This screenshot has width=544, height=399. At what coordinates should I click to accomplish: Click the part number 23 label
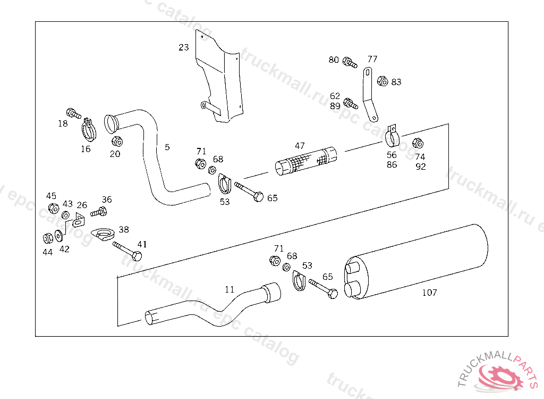(x=184, y=47)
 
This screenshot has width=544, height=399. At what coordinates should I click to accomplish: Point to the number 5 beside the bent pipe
(x=167, y=147)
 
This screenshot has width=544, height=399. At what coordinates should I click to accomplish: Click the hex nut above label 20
(x=117, y=142)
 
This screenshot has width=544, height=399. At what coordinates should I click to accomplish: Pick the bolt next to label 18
(x=73, y=113)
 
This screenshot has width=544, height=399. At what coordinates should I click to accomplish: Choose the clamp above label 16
(x=88, y=130)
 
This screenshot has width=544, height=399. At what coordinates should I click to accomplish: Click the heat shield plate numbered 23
(x=220, y=80)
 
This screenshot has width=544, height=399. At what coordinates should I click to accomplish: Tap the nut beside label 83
(x=381, y=81)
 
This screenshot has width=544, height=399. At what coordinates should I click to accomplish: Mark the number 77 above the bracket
(x=372, y=59)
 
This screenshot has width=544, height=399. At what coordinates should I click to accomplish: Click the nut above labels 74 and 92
(x=418, y=143)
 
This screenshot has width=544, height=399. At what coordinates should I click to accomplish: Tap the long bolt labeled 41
(x=127, y=251)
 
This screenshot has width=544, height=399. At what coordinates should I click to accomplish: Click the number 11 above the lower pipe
(x=229, y=290)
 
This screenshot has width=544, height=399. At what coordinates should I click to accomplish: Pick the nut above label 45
(x=53, y=208)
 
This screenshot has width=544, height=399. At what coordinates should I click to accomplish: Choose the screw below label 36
(x=99, y=212)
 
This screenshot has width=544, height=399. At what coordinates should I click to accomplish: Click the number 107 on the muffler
(x=429, y=293)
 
